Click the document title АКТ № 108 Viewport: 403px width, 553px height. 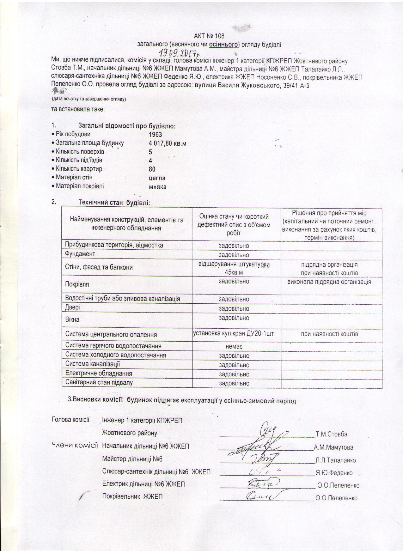[x=209, y=36]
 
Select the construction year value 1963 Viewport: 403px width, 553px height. [x=155, y=134]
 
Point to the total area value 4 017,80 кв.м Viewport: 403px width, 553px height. [x=167, y=143]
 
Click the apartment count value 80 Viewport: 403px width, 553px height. [x=152, y=169]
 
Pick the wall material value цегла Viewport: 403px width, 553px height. [x=157, y=178]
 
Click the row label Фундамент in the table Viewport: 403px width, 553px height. [x=80, y=254]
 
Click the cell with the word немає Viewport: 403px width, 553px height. [x=234, y=347]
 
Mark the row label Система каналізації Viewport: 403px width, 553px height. [x=93, y=364]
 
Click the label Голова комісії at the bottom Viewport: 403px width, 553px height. [x=70, y=420]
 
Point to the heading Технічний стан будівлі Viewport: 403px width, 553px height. [x=114, y=202]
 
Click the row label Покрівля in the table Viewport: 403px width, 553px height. [x=77, y=284]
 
